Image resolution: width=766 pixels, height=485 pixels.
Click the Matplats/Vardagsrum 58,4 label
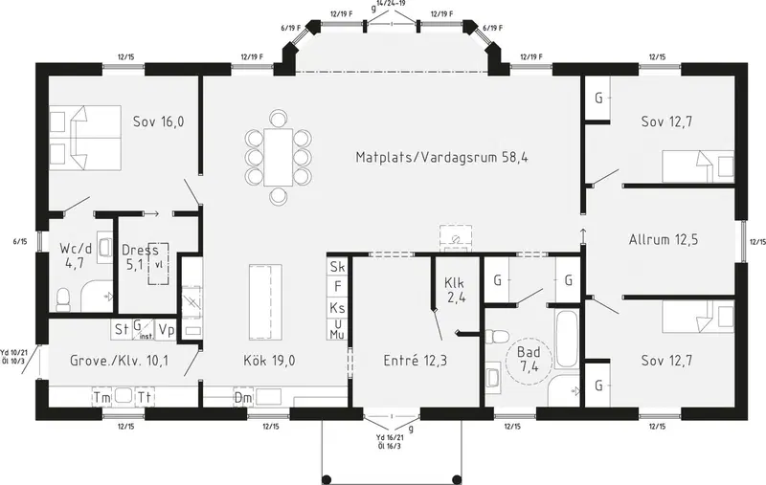(x=441, y=157)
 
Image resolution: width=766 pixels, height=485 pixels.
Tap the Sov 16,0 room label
(x=159, y=121)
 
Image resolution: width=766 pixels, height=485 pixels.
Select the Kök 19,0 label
(x=269, y=361)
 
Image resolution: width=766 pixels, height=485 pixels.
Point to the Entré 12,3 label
(x=416, y=361)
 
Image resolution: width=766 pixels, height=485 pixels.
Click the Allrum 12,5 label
(x=664, y=239)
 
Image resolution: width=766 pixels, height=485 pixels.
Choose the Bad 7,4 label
(x=529, y=359)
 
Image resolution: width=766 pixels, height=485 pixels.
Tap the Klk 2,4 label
(x=454, y=290)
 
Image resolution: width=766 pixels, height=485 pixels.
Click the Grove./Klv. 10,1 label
(x=119, y=361)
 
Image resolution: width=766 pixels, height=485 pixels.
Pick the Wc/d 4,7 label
(x=76, y=255)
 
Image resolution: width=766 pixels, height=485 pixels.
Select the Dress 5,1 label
(x=140, y=257)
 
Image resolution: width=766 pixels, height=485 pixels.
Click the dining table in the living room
(x=278, y=157)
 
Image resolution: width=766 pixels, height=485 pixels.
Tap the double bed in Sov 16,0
(x=85, y=138)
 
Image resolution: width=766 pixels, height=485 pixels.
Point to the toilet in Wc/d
(x=63, y=299)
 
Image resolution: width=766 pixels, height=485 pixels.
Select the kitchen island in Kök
(x=266, y=302)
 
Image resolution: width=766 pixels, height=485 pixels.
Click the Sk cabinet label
(x=337, y=267)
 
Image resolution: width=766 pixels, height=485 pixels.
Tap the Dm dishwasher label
(x=243, y=398)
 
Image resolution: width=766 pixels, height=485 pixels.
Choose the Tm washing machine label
(x=102, y=398)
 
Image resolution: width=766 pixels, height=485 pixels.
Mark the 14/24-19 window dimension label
(x=391, y=3)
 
